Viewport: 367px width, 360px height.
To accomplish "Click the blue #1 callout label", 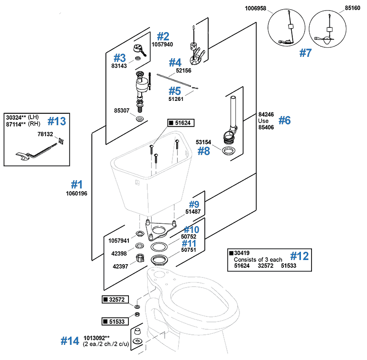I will coord(77,184).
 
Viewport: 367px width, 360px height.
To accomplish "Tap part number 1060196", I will coord(77,193).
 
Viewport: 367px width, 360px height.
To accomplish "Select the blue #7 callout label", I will coord(305,53).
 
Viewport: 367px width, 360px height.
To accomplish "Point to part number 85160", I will coord(353,8).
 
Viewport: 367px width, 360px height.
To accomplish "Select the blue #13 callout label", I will coord(57,121).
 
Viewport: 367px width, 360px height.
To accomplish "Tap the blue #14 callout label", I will coord(70,341).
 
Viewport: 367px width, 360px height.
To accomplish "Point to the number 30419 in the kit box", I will coord(241,253).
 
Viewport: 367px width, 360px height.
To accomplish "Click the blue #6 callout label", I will coord(284,121).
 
